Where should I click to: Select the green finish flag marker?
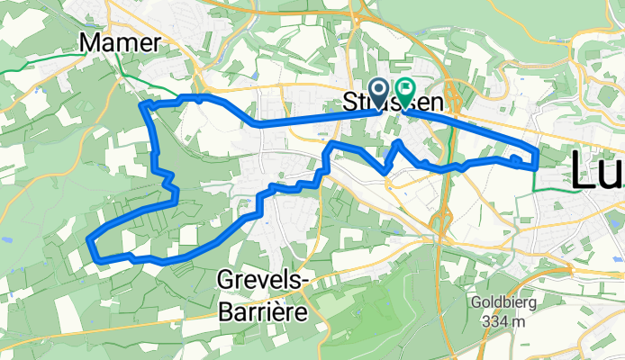405,91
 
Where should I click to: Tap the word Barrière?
263,311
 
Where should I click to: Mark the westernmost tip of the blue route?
88,239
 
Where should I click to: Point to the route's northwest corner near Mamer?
141,106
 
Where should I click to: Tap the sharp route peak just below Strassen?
398,142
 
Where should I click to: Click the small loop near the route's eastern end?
515,160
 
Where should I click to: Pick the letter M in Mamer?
92,42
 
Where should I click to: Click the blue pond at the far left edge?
5,241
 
